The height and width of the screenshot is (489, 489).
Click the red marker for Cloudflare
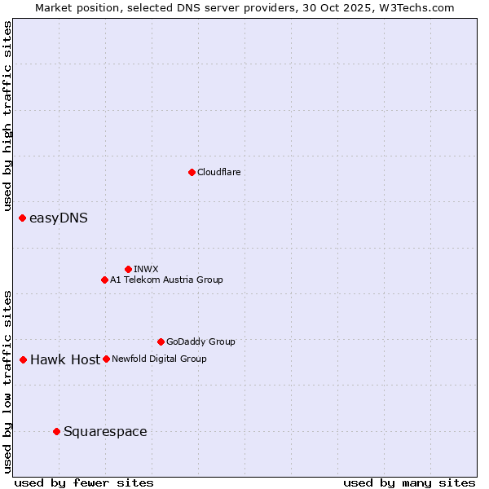[192, 172]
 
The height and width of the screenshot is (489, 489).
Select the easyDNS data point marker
[22, 218]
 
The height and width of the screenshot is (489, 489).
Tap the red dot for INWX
[128, 269]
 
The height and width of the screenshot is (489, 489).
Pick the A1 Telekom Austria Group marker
[104, 280]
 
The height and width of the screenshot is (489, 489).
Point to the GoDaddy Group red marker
[161, 341]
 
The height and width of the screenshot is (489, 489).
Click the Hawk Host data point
[23, 359]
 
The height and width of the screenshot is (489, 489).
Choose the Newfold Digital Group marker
[106, 359]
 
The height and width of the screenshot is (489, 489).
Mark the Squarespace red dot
[56, 431]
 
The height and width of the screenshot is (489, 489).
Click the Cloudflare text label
[219, 172]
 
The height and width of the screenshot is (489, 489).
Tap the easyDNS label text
[59, 218]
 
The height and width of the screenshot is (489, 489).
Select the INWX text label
[147, 269]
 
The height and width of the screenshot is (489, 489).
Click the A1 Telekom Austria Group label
[166, 280]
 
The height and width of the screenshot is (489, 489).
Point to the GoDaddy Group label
[200, 341]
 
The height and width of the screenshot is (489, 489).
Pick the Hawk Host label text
[65, 359]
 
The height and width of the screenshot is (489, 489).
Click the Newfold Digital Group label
[159, 359]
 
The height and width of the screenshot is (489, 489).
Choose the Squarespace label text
[105, 431]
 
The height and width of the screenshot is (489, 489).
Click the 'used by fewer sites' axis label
[84, 482]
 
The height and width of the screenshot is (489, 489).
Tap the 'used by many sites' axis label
[409, 482]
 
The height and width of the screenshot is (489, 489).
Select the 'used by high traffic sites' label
[7, 117]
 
